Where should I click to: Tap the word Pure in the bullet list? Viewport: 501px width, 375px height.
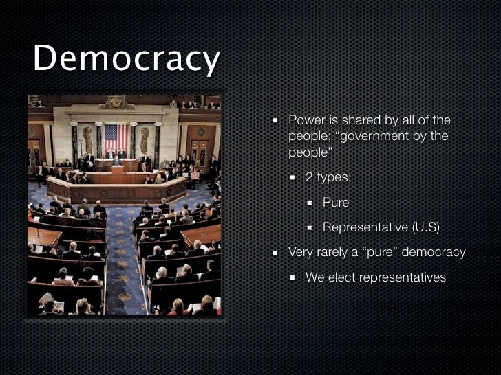[336, 203]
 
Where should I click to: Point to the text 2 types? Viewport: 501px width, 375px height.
[328, 177]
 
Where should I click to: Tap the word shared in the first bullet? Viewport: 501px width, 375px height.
[358, 120]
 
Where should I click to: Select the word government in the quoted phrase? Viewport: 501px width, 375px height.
[376, 136]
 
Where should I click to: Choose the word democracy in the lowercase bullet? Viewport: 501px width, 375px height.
[434, 252]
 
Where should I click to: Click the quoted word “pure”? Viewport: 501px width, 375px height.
[379, 252]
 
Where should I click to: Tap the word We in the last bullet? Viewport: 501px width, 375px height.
[315, 277]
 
